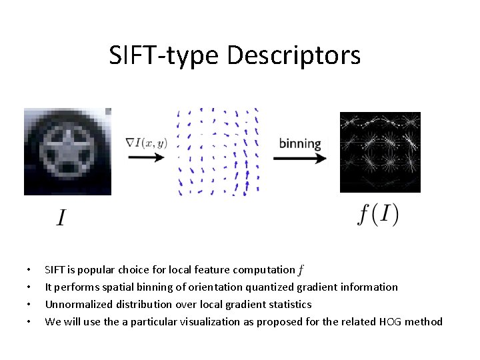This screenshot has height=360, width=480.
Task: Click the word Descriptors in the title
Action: coord(294,55)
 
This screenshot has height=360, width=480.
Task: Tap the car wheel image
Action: coord(67,151)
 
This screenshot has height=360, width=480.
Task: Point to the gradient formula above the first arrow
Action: coord(146,142)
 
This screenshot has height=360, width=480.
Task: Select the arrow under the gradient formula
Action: coord(145,157)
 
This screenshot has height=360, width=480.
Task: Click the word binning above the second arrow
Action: coord(300,143)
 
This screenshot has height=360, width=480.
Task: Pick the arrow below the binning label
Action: coord(300,158)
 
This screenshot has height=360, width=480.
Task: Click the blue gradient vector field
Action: coord(218,152)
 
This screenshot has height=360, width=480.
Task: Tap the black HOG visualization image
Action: coord(380,152)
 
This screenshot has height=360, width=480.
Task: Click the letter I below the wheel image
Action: coord(61,218)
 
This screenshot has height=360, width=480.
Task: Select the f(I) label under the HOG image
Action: coord(378,215)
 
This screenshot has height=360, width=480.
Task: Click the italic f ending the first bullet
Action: coord(301,270)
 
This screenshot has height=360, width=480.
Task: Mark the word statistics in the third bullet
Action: coord(288,305)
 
